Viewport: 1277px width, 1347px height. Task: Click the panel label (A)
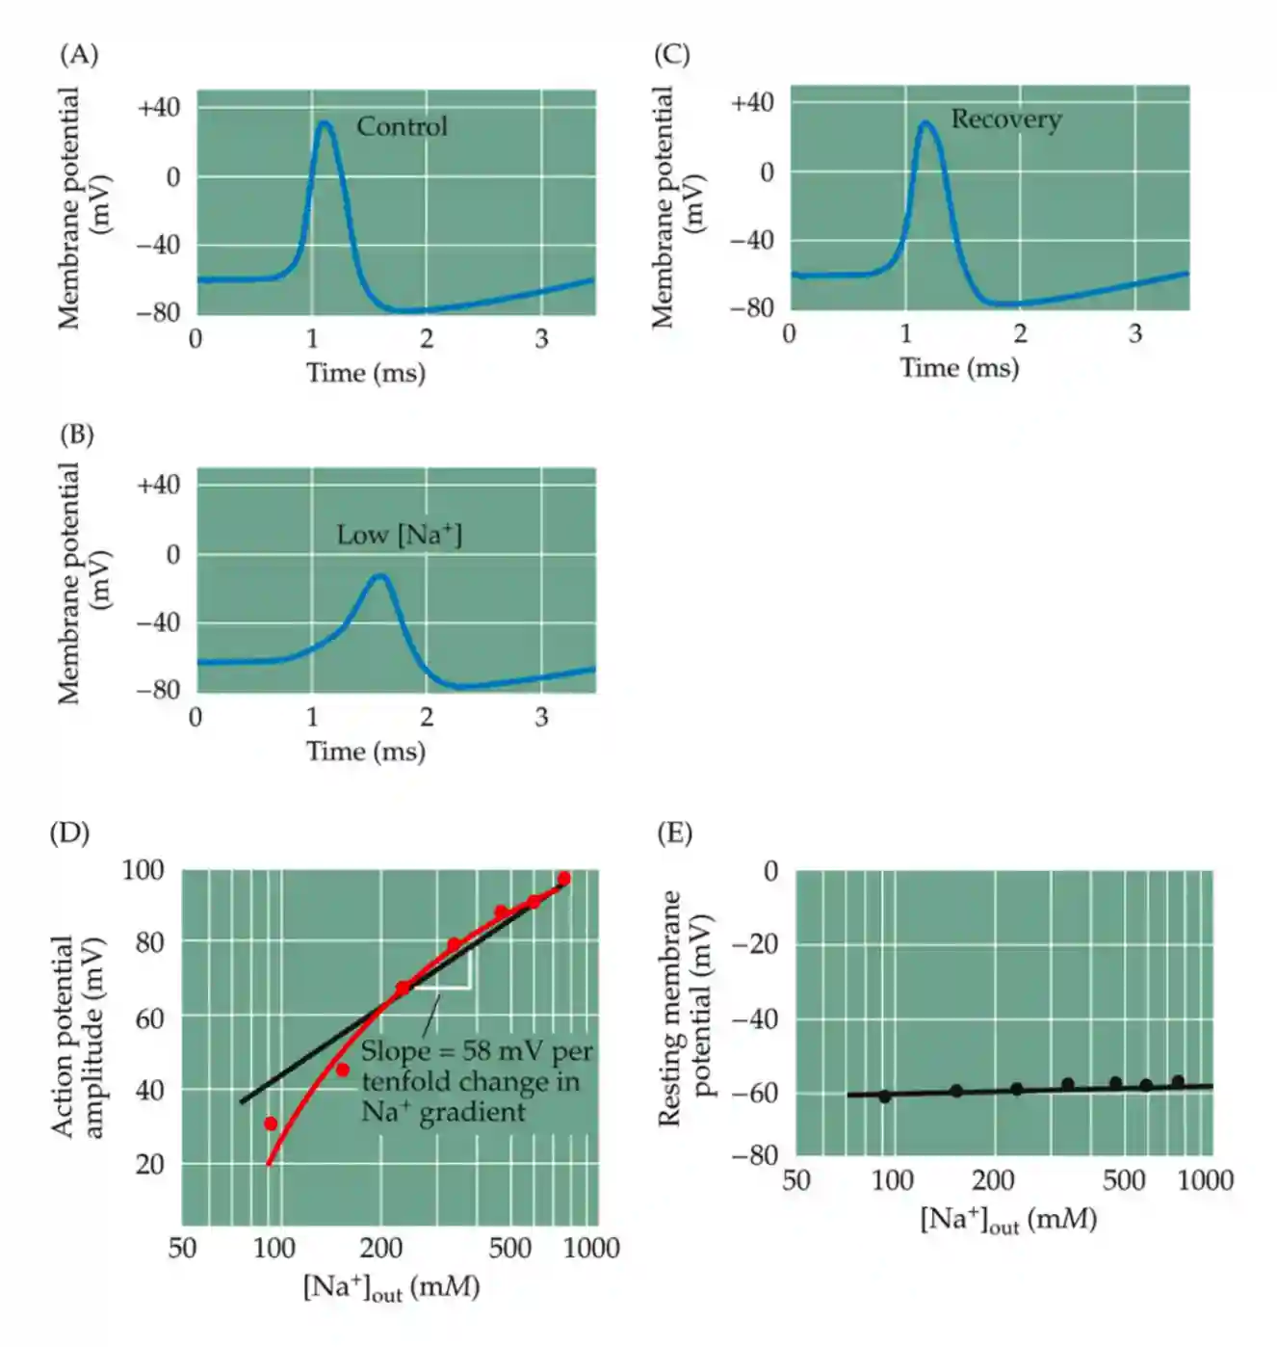point(79,55)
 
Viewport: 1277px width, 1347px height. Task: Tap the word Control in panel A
point(402,126)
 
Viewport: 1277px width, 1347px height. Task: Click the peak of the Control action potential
point(325,123)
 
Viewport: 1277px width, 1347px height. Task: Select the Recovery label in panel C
point(1006,119)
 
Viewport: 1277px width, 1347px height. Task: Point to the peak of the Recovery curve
point(925,123)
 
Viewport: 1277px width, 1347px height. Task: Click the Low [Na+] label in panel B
point(399,535)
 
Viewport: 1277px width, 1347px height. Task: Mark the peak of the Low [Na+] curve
point(381,576)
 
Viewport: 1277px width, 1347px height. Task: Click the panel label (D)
point(69,833)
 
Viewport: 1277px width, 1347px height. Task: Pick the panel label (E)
point(674,833)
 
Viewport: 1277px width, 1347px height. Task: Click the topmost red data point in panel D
point(563,879)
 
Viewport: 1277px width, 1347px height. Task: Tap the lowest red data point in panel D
point(271,1123)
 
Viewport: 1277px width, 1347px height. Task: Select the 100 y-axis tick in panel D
point(143,870)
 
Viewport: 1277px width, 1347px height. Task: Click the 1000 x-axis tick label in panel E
point(1205,1180)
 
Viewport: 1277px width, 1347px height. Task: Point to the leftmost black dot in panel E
point(884,1096)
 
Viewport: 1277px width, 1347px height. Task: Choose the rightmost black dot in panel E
point(1177,1082)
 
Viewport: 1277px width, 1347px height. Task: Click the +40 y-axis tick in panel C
point(752,103)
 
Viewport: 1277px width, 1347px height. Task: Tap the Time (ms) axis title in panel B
point(366,752)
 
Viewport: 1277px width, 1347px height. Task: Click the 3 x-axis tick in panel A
point(541,339)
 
